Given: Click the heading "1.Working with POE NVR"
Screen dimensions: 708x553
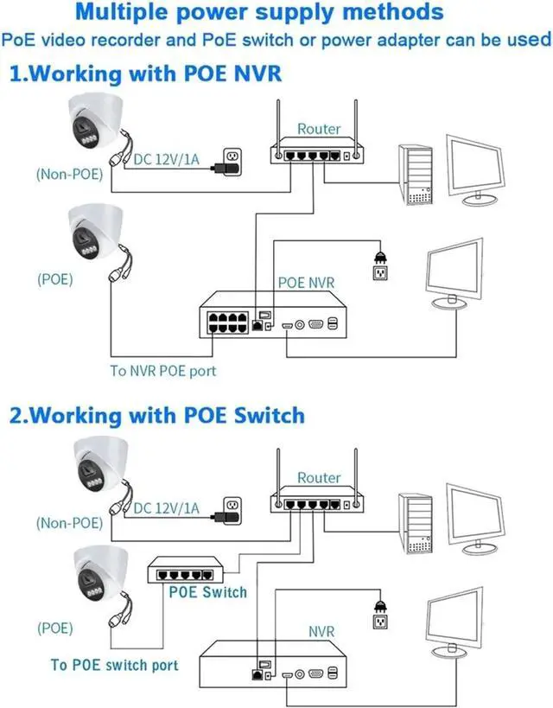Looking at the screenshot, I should point(144,73).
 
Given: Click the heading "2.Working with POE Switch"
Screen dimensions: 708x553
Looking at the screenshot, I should point(156,415).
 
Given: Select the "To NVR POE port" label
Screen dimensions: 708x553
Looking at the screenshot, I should point(162,371).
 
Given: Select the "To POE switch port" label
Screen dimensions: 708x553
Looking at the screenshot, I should point(114,664).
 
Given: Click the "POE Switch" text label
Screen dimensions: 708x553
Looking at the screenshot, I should point(207,592).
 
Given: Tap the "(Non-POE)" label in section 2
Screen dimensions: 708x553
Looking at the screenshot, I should point(69,522).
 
